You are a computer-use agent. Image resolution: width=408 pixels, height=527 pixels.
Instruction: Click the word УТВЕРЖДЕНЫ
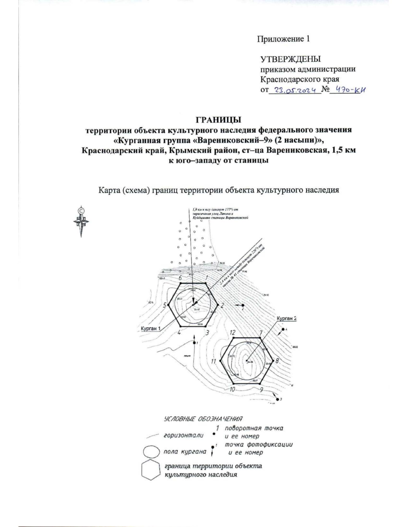coord(290,59)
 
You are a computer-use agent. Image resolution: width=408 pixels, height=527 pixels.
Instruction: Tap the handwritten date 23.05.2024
coord(295,91)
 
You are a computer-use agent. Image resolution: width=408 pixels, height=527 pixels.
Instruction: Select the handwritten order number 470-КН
coord(352,90)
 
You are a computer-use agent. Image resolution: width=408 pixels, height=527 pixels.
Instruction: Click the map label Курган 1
coord(150,328)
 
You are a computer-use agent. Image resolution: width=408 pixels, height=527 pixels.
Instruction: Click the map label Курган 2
coord(287,319)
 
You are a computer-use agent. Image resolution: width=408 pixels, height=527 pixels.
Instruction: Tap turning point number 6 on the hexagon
coord(181,278)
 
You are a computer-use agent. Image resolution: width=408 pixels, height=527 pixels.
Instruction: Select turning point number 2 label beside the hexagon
coord(222,305)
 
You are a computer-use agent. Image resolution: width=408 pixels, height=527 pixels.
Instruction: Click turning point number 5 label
coord(165,305)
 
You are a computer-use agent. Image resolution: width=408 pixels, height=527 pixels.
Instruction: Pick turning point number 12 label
coord(233,332)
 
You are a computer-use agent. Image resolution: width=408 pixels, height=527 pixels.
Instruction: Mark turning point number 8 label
coord(277,361)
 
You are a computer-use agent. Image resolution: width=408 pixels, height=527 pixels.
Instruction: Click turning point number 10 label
coord(233,389)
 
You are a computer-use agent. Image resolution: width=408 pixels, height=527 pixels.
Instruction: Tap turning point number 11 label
coord(214,361)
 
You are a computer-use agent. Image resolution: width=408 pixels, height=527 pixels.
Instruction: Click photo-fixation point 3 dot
coord(277,399)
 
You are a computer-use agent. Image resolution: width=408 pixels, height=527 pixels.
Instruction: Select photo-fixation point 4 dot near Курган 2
coord(283,329)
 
